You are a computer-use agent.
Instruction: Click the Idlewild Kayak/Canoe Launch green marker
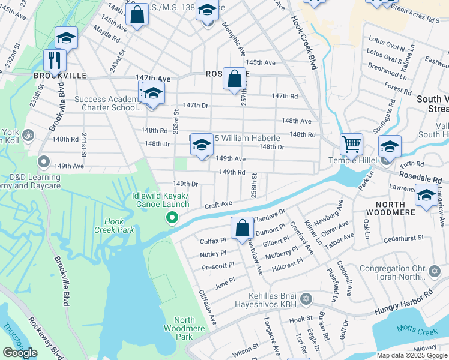click(x=172, y=218)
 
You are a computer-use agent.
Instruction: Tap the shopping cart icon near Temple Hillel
click(x=351, y=144)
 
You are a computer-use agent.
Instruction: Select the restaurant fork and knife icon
click(x=55, y=60)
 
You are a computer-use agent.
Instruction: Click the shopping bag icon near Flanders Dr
click(x=242, y=227)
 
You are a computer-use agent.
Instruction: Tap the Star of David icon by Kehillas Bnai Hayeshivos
click(x=306, y=298)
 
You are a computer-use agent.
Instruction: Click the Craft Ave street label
click(x=218, y=205)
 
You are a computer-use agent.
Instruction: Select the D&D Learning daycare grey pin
click(x=43, y=161)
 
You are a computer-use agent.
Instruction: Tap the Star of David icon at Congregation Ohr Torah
click(x=435, y=272)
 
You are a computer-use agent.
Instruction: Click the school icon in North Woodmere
click(x=426, y=197)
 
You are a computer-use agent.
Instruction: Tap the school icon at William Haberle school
click(x=202, y=145)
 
